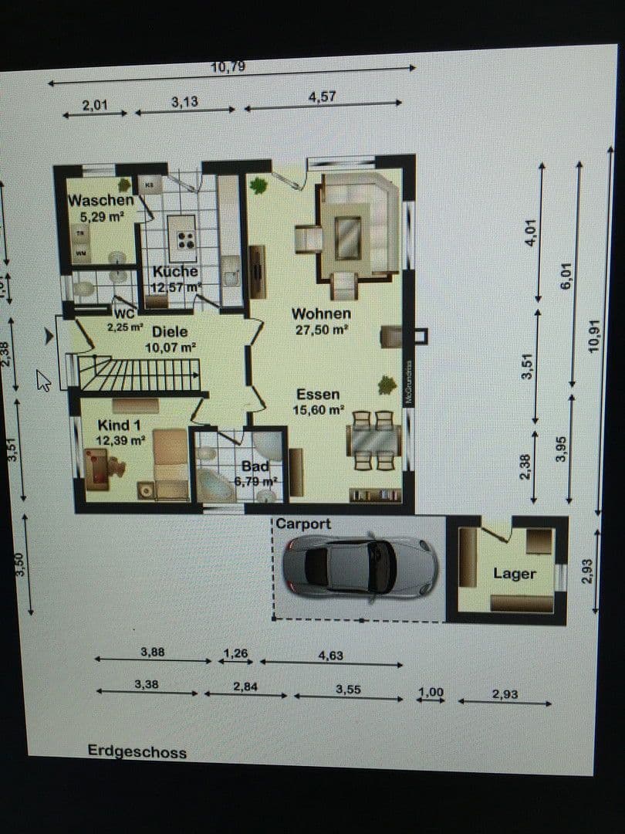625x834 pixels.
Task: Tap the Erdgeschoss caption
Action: click(x=137, y=751)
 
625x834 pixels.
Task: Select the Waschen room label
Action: click(x=100, y=201)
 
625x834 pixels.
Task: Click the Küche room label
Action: click(x=175, y=272)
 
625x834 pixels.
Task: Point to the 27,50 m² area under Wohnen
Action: click(x=321, y=329)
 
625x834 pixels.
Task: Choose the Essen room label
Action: click(x=318, y=395)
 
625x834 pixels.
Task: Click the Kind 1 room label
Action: click(x=119, y=425)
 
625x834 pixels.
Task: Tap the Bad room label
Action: click(x=255, y=466)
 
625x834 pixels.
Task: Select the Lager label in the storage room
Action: click(x=514, y=574)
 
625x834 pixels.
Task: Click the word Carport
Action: click(x=303, y=524)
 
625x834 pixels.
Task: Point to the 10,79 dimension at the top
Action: click(x=228, y=67)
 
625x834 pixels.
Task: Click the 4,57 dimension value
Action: click(x=322, y=97)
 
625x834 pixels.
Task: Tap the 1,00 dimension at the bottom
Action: click(x=431, y=692)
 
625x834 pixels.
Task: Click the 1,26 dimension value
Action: click(x=235, y=653)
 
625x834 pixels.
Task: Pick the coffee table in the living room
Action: click(x=347, y=238)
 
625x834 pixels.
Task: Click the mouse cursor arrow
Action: click(x=43, y=380)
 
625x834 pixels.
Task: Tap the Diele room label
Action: click(x=170, y=332)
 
